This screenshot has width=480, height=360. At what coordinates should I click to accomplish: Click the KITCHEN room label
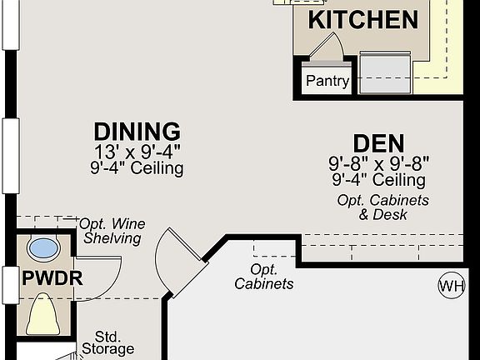(x=363, y=20)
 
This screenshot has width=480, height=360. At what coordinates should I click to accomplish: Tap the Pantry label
(x=327, y=82)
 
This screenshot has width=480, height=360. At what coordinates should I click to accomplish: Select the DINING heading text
(x=137, y=132)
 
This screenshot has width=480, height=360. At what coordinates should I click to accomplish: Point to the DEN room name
(x=378, y=144)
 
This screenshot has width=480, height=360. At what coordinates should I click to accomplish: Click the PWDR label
(x=52, y=278)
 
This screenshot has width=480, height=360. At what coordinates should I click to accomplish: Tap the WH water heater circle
(x=451, y=287)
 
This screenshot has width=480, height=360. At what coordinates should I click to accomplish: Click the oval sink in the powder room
(x=43, y=247)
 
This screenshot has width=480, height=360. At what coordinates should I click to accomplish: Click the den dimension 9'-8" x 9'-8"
(x=378, y=164)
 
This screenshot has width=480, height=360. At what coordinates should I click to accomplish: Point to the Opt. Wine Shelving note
(x=112, y=231)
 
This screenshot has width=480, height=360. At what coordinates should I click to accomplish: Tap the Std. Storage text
(x=108, y=342)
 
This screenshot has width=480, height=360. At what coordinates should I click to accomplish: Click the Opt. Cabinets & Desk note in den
(x=383, y=207)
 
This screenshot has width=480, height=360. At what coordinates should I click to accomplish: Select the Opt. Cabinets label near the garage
(x=263, y=277)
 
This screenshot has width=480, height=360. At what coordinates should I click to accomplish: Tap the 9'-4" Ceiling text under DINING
(x=137, y=168)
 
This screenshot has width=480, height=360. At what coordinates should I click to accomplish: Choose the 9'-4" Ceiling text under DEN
(x=378, y=180)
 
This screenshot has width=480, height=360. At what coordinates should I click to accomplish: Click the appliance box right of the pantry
(x=385, y=72)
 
